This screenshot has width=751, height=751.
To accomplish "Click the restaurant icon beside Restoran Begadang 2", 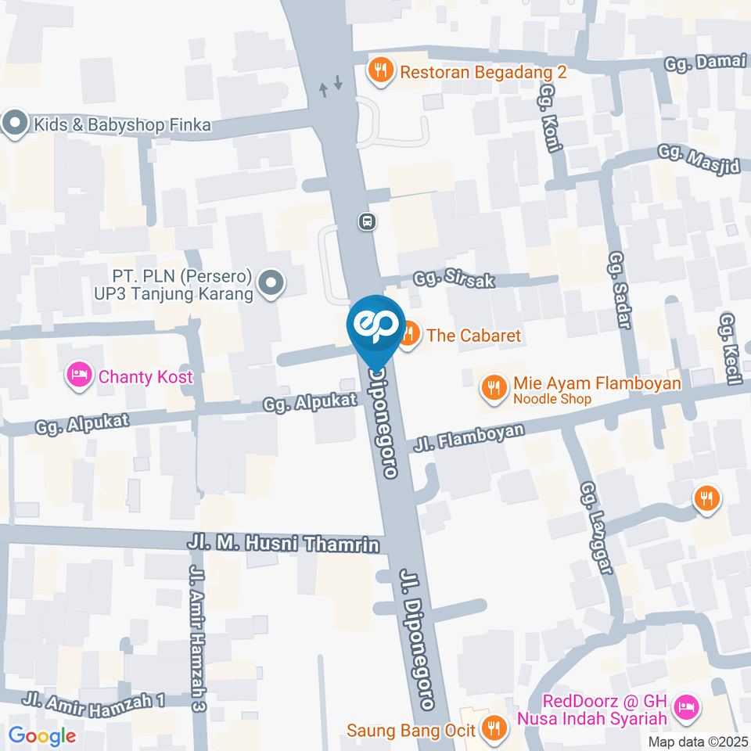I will pos(380,70).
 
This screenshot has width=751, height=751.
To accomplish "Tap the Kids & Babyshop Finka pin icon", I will pos(14,124).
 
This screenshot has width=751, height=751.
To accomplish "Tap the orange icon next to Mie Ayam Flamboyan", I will pos(493,385).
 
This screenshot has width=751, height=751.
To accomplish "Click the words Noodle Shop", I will pos(552,399).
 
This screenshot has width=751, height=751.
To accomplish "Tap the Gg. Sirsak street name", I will pos(455,279).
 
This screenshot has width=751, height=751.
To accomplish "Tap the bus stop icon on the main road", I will pos(367,221).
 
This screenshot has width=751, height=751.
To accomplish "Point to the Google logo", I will pos(42,735).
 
